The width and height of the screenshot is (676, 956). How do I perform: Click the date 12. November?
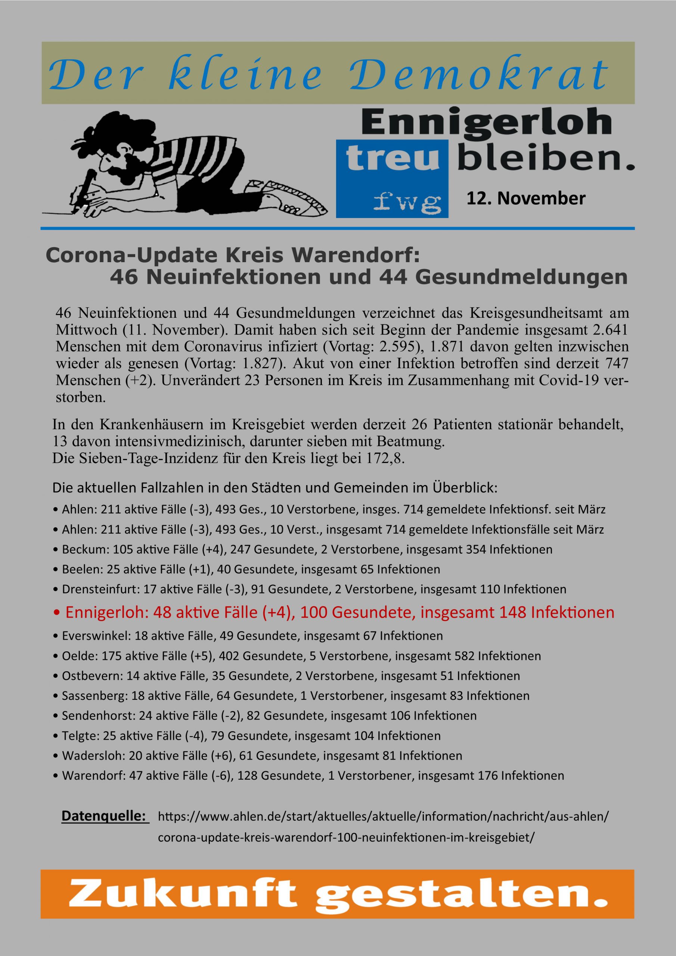[x=525, y=199]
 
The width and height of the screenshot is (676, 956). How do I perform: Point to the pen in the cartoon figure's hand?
[x=87, y=184]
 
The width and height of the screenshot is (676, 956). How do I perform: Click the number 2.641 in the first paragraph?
[x=608, y=330]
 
